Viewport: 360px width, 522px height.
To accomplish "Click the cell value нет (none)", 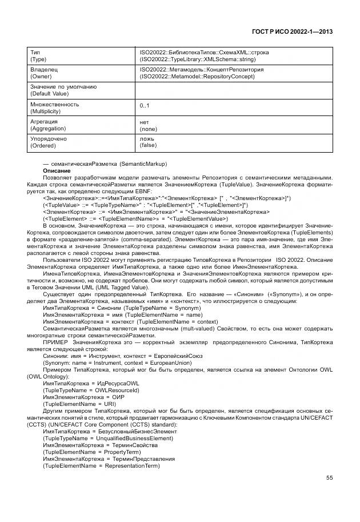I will point(148,125).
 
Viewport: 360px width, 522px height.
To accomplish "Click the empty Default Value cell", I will point(234,90).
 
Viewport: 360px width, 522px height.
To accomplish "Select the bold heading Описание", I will point(56,171).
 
